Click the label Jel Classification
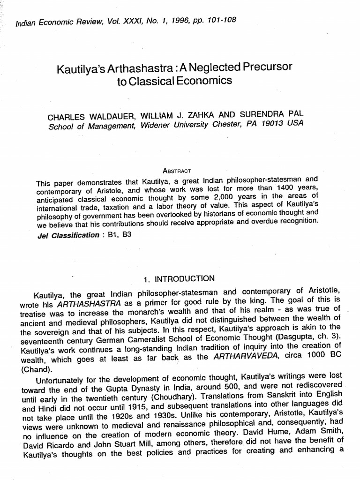(x=68, y=235)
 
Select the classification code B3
(x=127, y=234)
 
